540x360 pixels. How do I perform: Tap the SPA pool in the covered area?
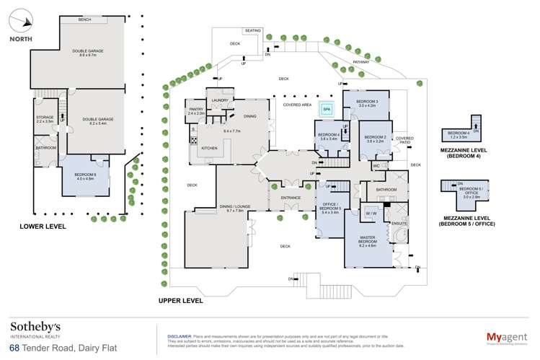pos(327,110)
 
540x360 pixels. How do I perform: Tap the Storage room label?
pos(45,120)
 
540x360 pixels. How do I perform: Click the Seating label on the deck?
pos(252,31)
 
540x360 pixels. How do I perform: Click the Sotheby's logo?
pos(35,328)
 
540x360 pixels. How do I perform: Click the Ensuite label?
pos(399,224)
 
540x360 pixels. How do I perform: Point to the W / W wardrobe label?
pos(371,214)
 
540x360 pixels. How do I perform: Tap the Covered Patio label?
pos(404,139)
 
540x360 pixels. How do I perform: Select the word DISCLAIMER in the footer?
pos(179,336)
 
